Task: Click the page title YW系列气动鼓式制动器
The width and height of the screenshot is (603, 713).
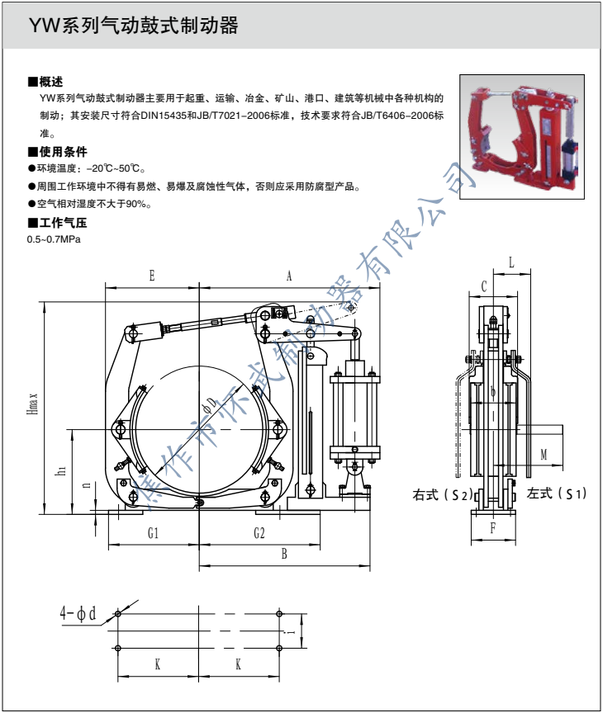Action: pos(133,26)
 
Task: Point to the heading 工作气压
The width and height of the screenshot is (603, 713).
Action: pos(57,223)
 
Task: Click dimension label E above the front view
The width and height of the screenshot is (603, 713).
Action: pos(153,276)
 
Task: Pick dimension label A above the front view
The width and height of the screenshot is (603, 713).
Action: pos(289,276)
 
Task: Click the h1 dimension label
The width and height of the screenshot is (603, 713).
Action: pos(60,471)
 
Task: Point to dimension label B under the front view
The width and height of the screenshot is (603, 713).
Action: pos(284,555)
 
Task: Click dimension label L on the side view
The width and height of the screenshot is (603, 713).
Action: pos(512,262)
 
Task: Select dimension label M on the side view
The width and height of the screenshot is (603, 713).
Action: pos(544,455)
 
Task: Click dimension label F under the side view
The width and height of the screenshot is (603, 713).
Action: pos(492,529)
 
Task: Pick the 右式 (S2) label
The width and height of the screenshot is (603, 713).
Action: pos(442,495)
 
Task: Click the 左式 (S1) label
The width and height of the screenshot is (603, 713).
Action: pos(556,494)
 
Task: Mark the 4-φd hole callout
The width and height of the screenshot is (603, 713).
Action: pos(78,613)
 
